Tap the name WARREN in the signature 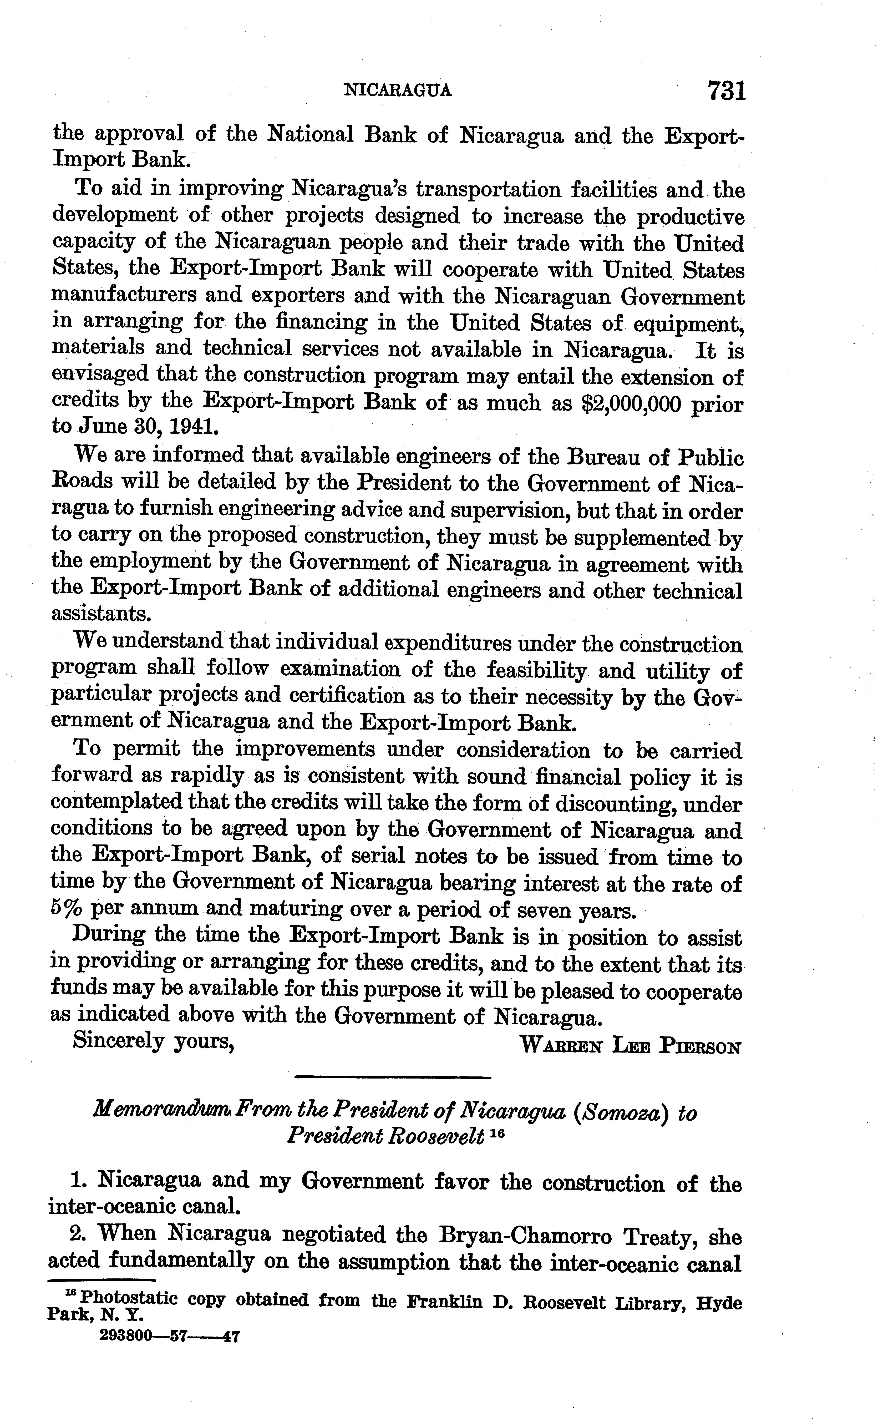[x=561, y=1046]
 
